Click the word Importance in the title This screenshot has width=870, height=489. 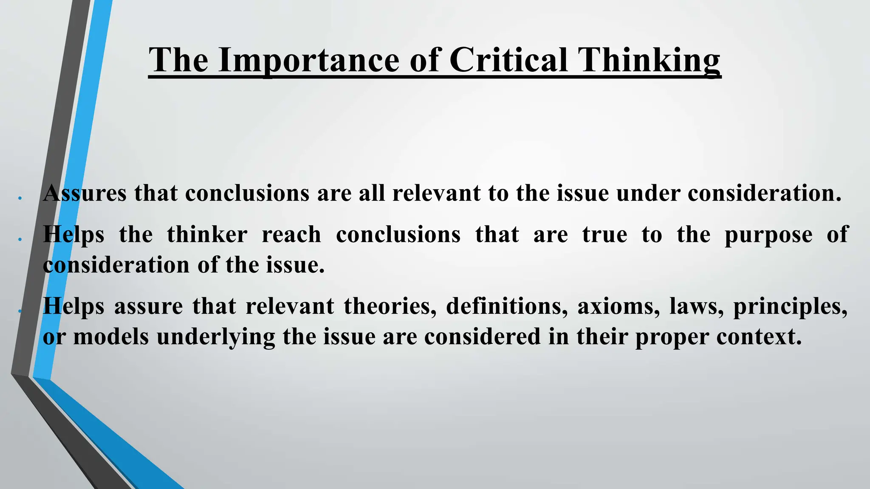[x=309, y=60]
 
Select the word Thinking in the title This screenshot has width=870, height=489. [x=650, y=60]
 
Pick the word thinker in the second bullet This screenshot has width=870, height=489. [x=207, y=234]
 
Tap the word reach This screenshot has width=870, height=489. [x=291, y=234]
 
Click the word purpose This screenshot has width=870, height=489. [x=768, y=235]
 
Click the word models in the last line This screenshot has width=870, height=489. [x=111, y=337]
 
